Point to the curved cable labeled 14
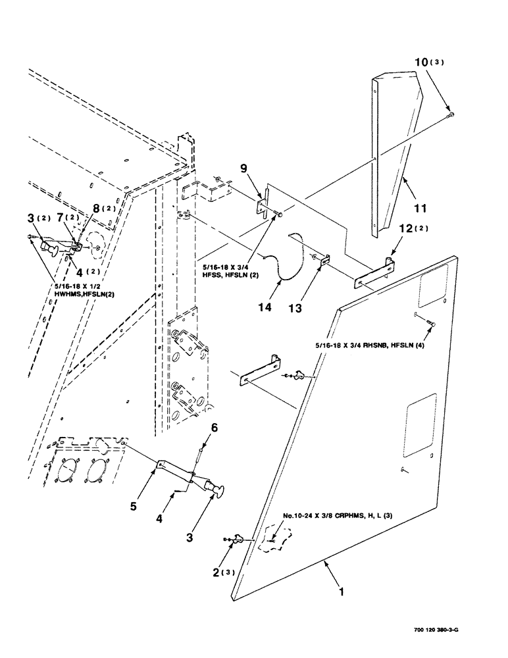290,260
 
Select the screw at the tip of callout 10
449,116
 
